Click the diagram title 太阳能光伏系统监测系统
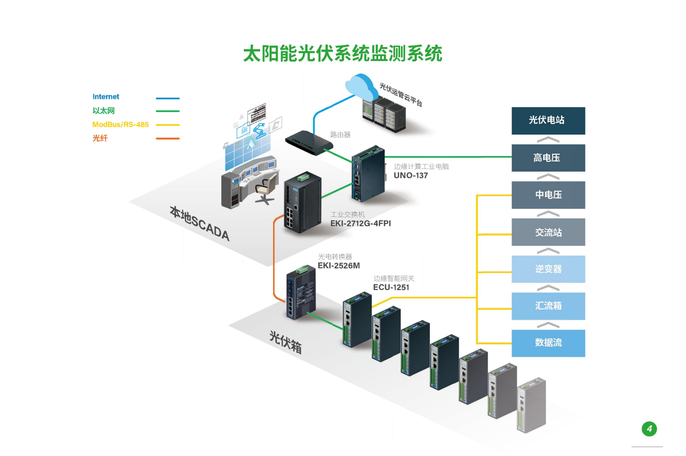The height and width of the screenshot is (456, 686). [x=343, y=54]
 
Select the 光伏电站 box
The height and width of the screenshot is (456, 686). [x=548, y=121]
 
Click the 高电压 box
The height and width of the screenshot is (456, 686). [x=548, y=158]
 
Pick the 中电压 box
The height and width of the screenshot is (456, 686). [x=548, y=195]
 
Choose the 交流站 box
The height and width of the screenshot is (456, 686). [x=548, y=232]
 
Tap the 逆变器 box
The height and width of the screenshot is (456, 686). [x=548, y=269]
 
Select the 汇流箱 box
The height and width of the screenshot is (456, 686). [x=548, y=306]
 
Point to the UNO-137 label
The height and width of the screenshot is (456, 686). [x=411, y=175]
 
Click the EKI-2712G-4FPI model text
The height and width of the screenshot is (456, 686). [x=360, y=223]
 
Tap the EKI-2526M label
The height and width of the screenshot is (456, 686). [x=339, y=266]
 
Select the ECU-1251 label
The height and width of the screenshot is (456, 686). [x=391, y=288]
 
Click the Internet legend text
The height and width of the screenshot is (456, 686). [x=106, y=97]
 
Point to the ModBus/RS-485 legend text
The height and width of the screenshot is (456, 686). [x=121, y=125]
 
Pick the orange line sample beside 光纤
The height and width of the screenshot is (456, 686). [x=168, y=139]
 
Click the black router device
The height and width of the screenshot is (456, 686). [x=308, y=142]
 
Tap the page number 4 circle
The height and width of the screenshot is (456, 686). [x=649, y=429]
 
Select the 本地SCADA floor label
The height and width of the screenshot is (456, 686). [x=199, y=224]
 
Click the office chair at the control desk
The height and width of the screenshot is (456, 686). [x=266, y=188]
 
